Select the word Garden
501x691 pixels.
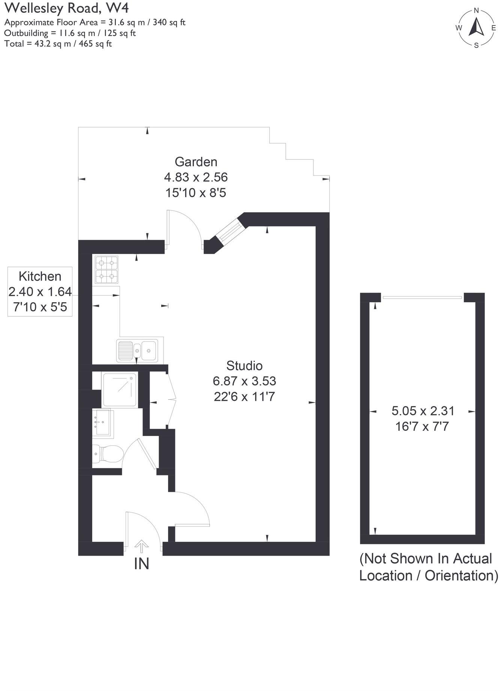coord(196,162)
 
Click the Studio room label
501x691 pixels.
coord(244,366)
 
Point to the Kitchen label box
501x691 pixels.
coord(40,291)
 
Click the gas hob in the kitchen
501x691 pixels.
coord(106,270)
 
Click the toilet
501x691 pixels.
coord(108,454)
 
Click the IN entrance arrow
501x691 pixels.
coord(141,546)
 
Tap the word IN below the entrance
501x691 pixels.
coord(141,564)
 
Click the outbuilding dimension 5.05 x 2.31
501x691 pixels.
coord(423,411)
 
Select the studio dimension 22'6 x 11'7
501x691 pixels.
coord(244,397)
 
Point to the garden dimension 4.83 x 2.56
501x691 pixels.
coord(196,177)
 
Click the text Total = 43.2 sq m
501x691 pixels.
coord(58,43)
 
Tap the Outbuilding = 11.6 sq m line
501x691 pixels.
coord(70,33)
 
